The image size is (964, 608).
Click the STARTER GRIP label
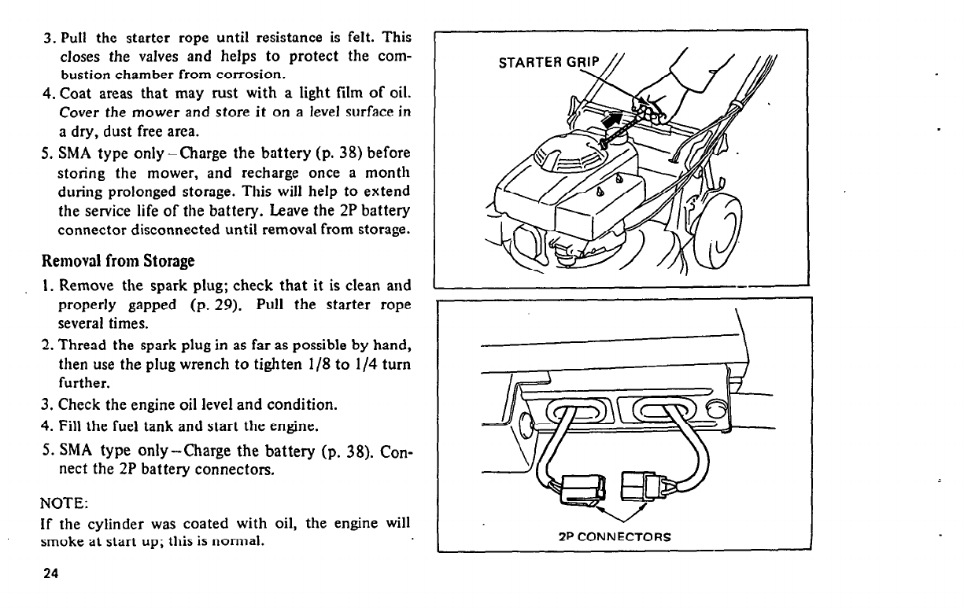[548, 63]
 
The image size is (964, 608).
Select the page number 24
[51, 573]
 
